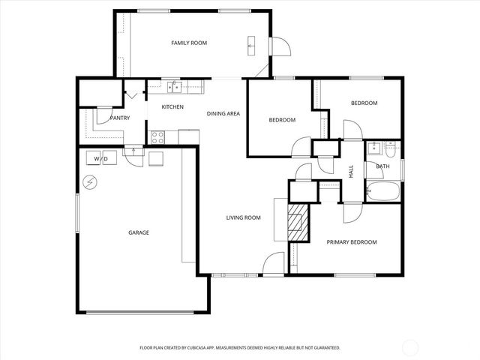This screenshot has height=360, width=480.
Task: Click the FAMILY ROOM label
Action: (188, 43)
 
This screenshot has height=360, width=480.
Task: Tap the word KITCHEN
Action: (172, 107)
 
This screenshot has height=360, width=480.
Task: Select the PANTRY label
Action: (119, 118)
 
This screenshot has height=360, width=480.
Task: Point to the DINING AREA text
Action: (223, 113)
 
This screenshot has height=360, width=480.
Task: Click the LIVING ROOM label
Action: (243, 218)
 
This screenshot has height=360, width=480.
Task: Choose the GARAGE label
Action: (138, 232)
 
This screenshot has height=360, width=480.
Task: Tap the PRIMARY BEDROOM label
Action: (351, 242)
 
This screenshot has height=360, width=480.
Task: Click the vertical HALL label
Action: (351, 171)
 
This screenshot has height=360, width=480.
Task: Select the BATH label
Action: (382, 166)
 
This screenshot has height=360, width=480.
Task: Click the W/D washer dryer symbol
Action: (100, 158)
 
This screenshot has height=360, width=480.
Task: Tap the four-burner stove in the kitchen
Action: (158, 136)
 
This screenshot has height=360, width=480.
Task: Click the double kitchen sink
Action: (174, 87)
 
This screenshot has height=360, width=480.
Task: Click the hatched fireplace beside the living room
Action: (298, 222)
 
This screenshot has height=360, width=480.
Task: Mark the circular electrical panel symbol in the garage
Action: (90, 182)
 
